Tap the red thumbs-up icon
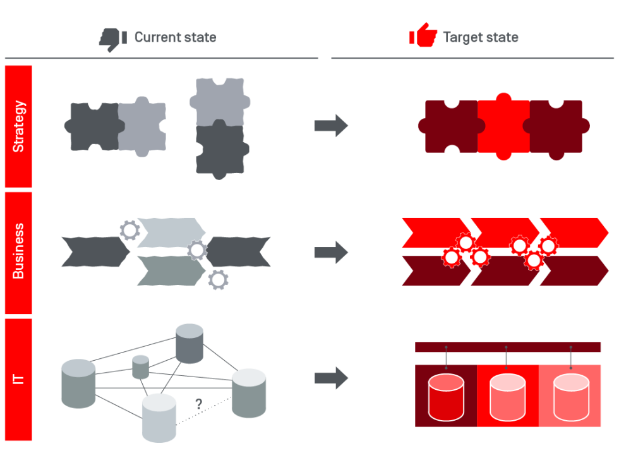[x=423, y=36]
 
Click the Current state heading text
[x=175, y=37]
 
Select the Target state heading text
[x=481, y=37]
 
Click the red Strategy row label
[x=18, y=126]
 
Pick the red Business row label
[x=18, y=252]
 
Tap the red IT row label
[x=18, y=379]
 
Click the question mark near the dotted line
[x=198, y=404]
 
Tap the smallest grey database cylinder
[x=141, y=367]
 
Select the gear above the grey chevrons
[x=130, y=231]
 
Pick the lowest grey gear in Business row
[x=218, y=279]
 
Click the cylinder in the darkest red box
[x=445, y=397]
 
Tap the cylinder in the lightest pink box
[x=570, y=397]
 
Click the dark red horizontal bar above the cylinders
[x=508, y=347]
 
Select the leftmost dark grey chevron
[x=93, y=251]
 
